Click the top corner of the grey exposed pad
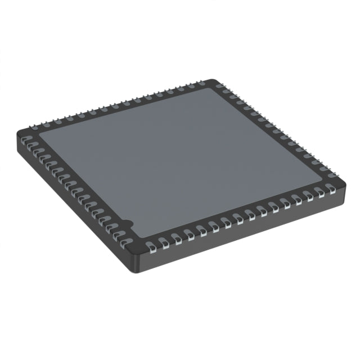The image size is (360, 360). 213,88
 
